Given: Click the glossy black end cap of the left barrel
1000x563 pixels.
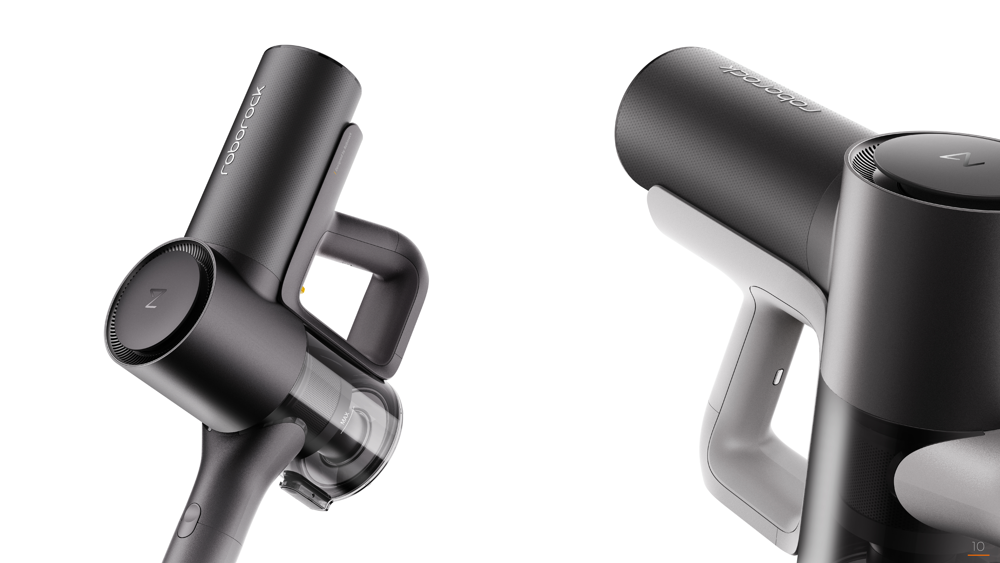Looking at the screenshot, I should pyautogui.click(x=326, y=58).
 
